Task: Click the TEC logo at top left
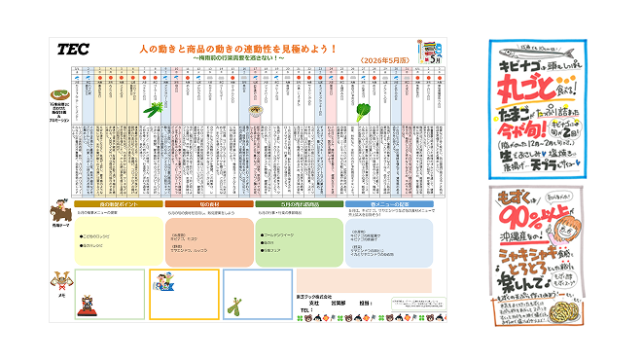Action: pyautogui.click(x=73, y=48)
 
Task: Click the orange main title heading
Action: pyautogui.click(x=238, y=48)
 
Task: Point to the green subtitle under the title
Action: pyautogui.click(x=238, y=57)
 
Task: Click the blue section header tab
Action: pyautogui.click(x=387, y=203)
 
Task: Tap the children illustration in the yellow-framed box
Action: pyautogui.click(x=163, y=284)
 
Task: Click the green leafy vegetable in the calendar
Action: pyautogui.click(x=366, y=109)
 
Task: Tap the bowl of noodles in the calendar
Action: pyautogui.click(x=255, y=110)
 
